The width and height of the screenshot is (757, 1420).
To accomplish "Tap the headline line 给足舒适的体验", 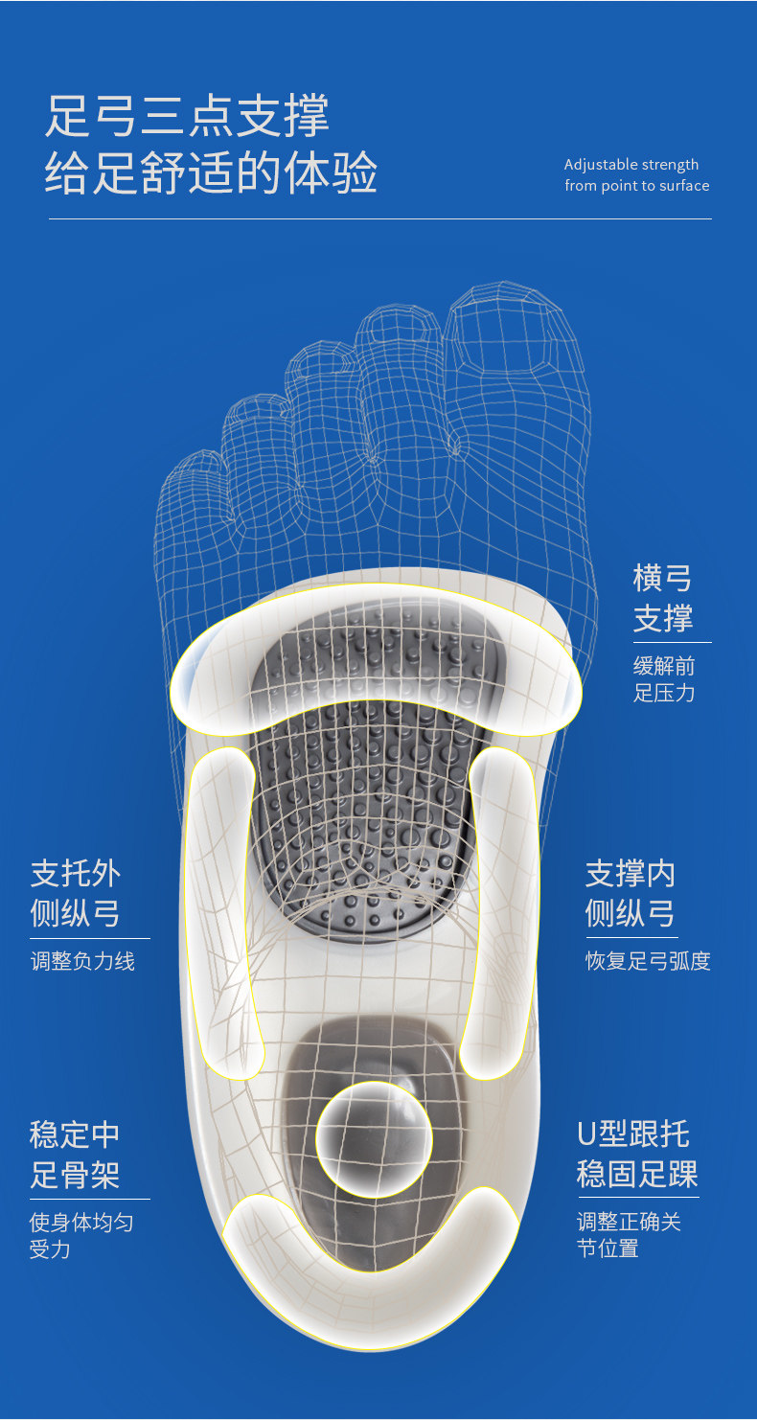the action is [x=211, y=173].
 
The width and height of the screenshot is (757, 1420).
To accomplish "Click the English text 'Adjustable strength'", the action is [x=631, y=165].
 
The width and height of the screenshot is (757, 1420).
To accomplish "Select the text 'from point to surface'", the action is [x=637, y=186].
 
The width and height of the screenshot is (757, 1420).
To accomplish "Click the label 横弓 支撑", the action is [x=663, y=598].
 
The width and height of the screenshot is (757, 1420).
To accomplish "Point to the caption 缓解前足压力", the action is [x=664, y=679].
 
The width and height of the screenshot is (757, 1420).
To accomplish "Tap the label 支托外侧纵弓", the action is [x=76, y=893].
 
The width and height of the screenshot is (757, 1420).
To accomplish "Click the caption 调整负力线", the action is [x=82, y=961].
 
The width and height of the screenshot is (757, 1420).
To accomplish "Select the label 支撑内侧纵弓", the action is [x=631, y=893].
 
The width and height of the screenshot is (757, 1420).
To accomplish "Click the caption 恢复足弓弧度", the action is [x=648, y=961].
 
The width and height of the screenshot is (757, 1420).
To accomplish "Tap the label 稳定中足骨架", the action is [x=75, y=1155].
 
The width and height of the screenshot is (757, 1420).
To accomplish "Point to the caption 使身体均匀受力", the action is [x=81, y=1235].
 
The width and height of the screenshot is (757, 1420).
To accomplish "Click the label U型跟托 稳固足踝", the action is [x=637, y=1155].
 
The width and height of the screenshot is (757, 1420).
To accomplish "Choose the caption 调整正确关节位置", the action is [x=629, y=1235].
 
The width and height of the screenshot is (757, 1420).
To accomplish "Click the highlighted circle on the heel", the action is [x=375, y=1138].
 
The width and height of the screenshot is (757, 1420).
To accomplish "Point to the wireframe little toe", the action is [x=192, y=479].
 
